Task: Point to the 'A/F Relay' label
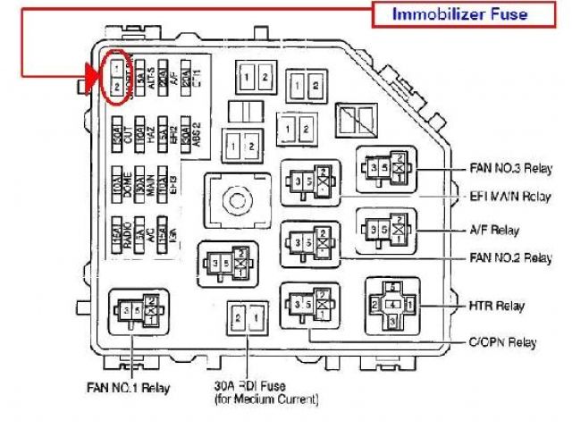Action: click(x=492, y=228)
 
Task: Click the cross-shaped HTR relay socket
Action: click(x=390, y=307)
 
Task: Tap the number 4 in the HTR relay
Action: click(x=390, y=306)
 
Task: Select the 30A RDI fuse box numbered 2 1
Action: click(x=245, y=319)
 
